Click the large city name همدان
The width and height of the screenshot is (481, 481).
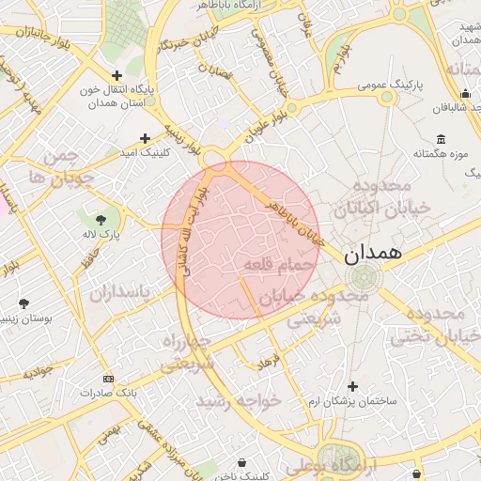[x=372, y=252]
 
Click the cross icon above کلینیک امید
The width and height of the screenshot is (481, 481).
[x=145, y=137]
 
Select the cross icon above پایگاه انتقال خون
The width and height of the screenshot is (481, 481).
[x=116, y=76]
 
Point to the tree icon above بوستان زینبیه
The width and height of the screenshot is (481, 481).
[x=23, y=303]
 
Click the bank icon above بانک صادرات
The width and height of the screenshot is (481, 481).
[x=108, y=379]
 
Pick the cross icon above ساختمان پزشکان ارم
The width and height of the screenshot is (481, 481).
[x=352, y=385]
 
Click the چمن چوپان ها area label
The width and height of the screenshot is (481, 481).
[x=61, y=166]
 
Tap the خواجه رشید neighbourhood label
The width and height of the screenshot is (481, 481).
[x=239, y=401]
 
